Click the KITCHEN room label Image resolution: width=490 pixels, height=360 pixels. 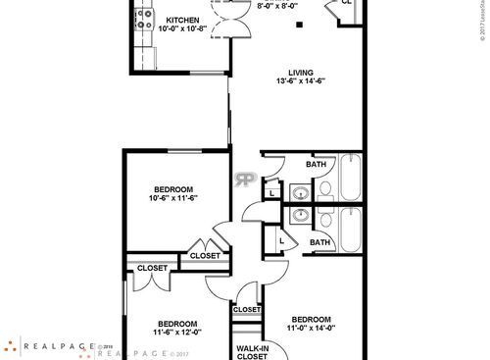(183, 20)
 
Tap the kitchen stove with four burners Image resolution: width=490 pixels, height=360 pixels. (144, 19)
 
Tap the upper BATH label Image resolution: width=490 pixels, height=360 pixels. (316, 164)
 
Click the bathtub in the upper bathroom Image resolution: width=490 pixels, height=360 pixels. (351, 178)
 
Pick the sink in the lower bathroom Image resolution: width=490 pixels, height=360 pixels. (301, 215)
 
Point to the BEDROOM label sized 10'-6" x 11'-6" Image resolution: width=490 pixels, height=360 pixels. (172, 188)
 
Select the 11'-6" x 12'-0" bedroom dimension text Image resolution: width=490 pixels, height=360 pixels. (177, 332)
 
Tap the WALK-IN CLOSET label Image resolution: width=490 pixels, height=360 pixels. (252, 351)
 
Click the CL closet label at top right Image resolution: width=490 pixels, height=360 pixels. (347, 3)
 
